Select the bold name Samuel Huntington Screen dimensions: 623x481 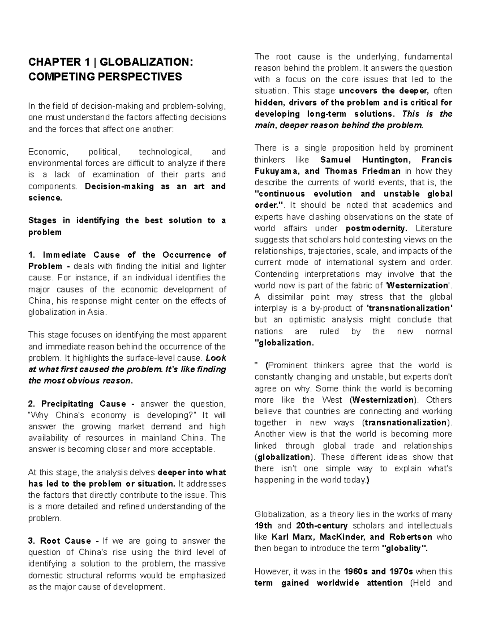(x=364, y=160)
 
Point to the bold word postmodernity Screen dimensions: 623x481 (x=376, y=228)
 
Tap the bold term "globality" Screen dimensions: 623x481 (x=405, y=548)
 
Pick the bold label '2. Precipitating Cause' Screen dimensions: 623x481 (x=77, y=404)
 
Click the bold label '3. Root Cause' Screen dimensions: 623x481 (x=60, y=541)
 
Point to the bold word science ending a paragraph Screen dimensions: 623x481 (x=44, y=198)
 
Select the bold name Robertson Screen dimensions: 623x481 (x=410, y=537)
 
